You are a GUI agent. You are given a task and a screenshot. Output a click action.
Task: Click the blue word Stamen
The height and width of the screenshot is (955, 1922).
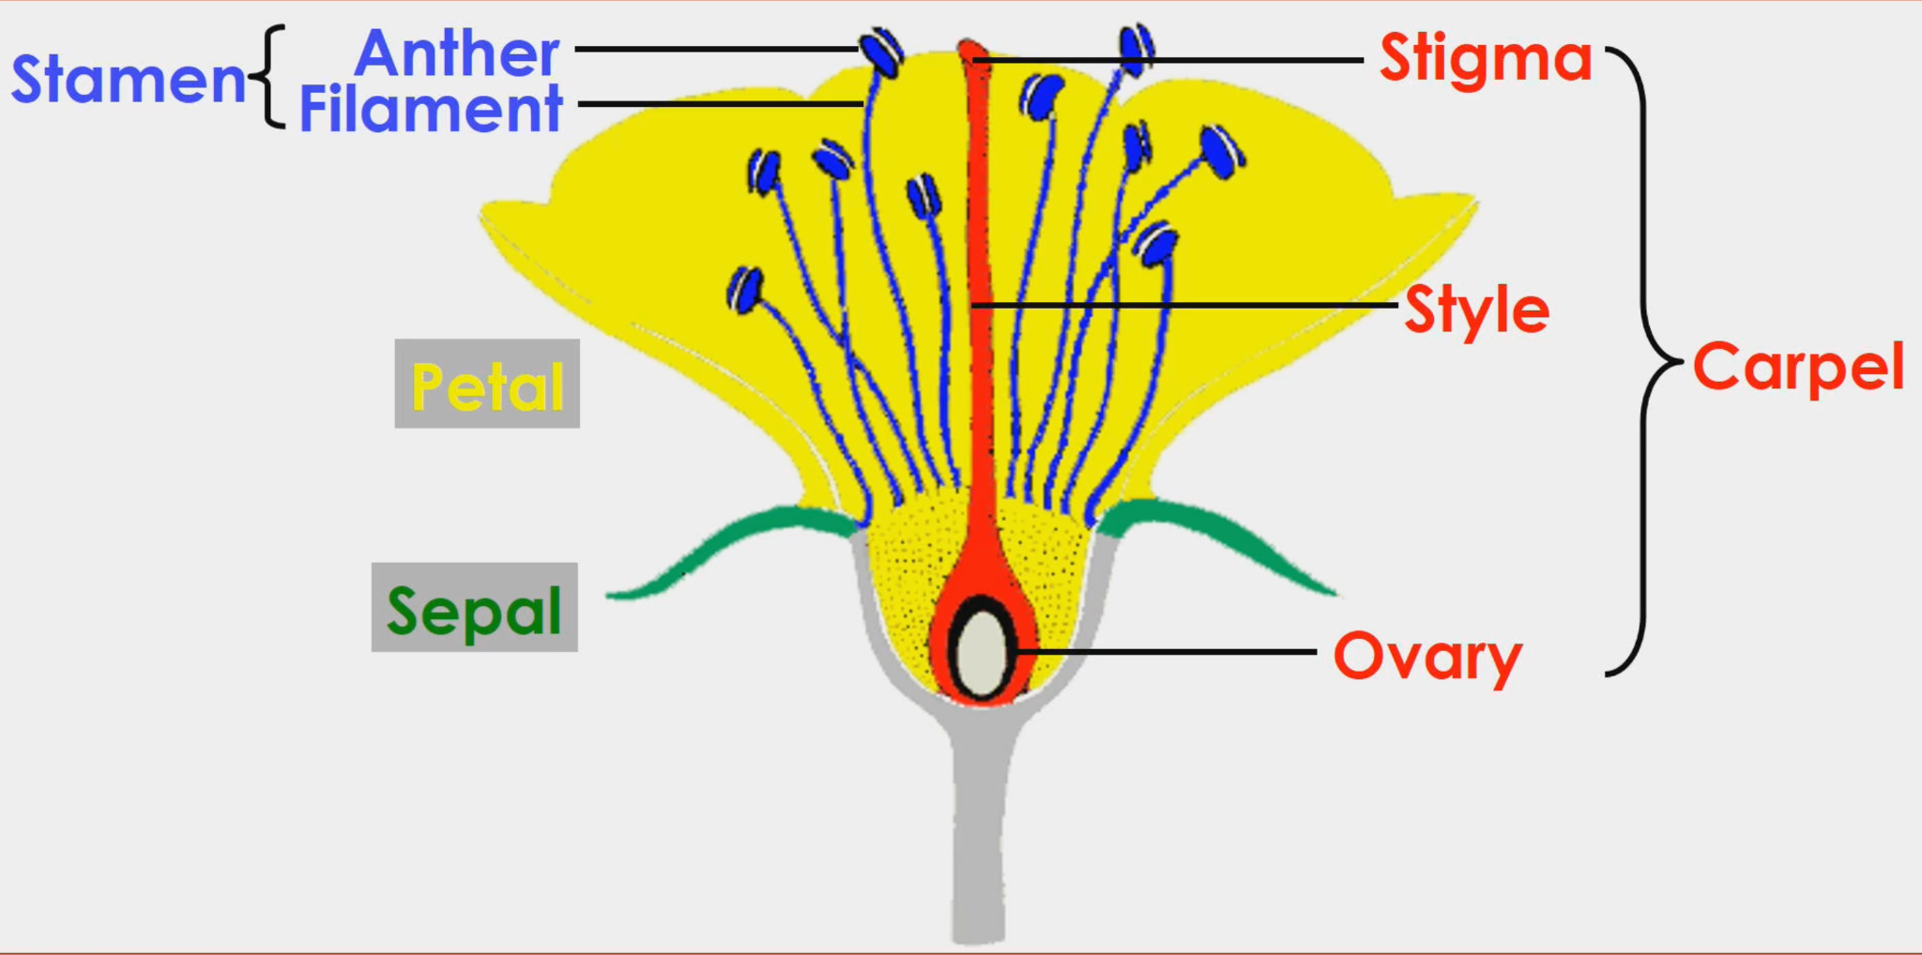(x=130, y=79)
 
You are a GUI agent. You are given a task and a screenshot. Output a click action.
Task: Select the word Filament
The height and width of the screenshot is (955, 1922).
(x=431, y=109)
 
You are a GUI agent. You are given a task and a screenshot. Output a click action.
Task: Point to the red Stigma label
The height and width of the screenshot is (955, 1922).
(x=1486, y=58)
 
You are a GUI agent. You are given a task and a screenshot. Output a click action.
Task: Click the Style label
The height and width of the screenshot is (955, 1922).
(x=1476, y=310)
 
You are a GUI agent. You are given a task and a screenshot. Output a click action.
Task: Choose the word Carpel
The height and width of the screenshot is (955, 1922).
(x=1798, y=366)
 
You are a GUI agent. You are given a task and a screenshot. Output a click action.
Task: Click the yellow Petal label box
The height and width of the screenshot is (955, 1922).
(x=487, y=384)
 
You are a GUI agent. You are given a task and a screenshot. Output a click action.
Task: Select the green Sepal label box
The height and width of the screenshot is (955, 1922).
(x=475, y=607)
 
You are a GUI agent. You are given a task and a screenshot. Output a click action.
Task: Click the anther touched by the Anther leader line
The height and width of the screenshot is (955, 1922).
(x=881, y=53)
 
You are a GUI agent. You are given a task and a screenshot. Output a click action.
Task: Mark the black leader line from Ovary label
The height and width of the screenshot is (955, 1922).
(x=1173, y=651)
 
